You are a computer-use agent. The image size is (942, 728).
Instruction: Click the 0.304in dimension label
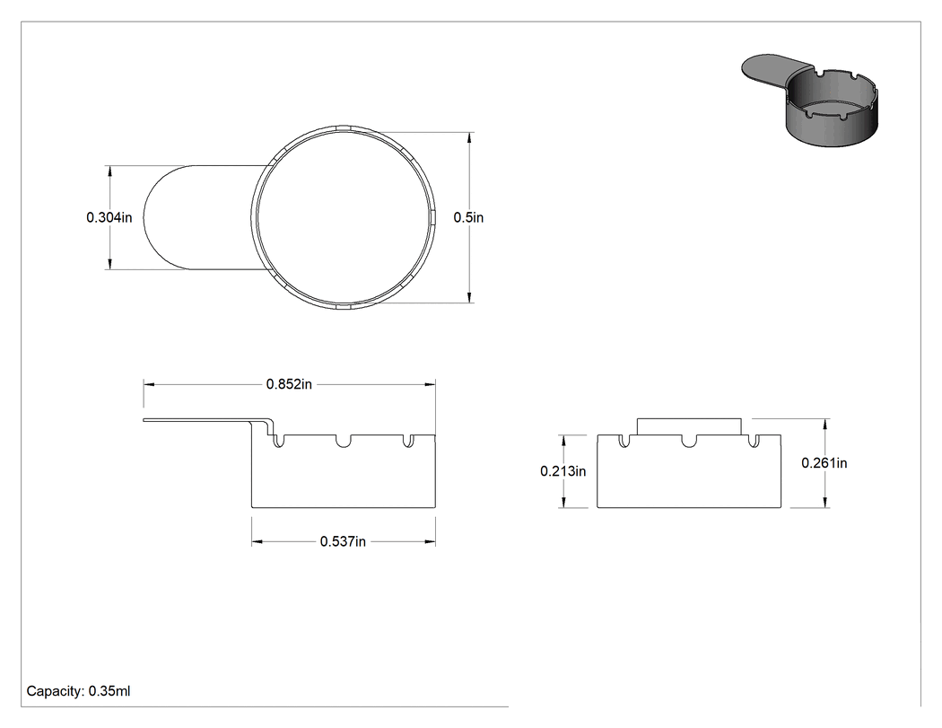[x=109, y=217]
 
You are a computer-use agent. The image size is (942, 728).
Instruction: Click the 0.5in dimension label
[x=468, y=217]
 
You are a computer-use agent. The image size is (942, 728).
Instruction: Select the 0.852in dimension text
[x=289, y=384]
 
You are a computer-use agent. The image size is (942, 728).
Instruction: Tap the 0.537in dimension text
[x=343, y=541]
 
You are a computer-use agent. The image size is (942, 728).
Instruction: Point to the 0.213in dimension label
[x=563, y=471]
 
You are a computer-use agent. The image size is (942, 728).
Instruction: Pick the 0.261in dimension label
[x=824, y=463]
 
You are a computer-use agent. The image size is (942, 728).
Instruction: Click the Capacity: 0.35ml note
[x=78, y=691]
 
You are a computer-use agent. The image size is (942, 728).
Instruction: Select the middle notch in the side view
[x=343, y=441]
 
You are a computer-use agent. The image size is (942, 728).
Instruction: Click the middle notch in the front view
[x=689, y=441]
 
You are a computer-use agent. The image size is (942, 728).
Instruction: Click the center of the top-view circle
[x=343, y=217]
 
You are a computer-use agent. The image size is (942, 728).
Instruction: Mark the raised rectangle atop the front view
[x=689, y=426]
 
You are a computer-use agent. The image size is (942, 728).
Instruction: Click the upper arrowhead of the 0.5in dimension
[x=469, y=138]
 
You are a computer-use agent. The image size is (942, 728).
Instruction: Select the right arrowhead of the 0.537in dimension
[x=430, y=541]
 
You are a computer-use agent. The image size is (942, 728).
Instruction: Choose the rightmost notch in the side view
[x=408, y=441]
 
